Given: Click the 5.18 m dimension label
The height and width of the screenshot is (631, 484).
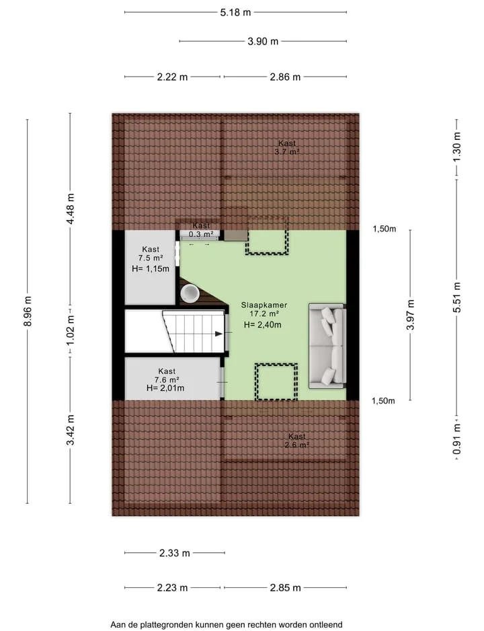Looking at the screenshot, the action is click(235, 13).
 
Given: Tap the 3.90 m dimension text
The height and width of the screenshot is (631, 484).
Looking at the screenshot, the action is click(263, 42).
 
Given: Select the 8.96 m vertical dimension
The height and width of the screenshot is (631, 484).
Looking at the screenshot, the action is click(28, 311).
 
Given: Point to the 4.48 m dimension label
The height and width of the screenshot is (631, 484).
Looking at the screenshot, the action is click(71, 209).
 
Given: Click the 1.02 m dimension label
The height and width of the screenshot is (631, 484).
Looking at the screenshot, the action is click(71, 330).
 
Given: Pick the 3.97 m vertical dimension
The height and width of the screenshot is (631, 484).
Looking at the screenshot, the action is click(410, 315).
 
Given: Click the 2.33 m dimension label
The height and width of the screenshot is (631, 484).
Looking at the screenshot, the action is click(175, 553).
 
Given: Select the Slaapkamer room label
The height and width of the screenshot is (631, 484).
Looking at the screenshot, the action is click(264, 305).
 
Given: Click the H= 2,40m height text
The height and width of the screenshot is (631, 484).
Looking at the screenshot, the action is click(262, 325).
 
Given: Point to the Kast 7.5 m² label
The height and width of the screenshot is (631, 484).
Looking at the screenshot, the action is click(151, 254).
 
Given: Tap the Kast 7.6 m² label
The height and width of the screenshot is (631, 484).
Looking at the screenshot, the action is click(167, 375).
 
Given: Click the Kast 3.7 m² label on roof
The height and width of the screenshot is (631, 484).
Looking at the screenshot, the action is click(287, 147).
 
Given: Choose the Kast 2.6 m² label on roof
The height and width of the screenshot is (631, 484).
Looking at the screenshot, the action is click(297, 441).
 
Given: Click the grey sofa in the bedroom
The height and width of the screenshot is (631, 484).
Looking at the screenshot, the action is click(327, 346).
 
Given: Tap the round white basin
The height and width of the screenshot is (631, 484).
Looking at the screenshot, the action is click(190, 293).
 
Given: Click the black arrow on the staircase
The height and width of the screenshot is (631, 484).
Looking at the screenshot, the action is click(219, 334).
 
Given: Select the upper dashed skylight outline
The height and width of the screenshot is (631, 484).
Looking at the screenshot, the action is click(267, 253).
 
